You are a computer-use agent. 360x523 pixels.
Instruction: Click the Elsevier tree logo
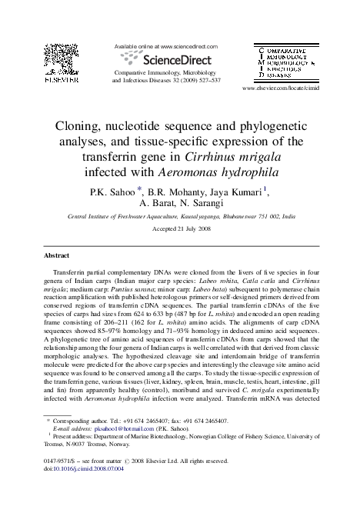tap(58, 77)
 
